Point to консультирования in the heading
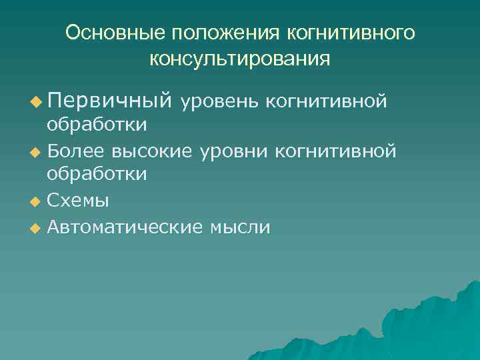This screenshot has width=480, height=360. click(240, 59)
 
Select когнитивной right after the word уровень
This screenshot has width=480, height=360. click(326, 101)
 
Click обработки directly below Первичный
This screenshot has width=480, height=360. click(97, 124)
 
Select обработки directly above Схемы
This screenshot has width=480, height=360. click(97, 175)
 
